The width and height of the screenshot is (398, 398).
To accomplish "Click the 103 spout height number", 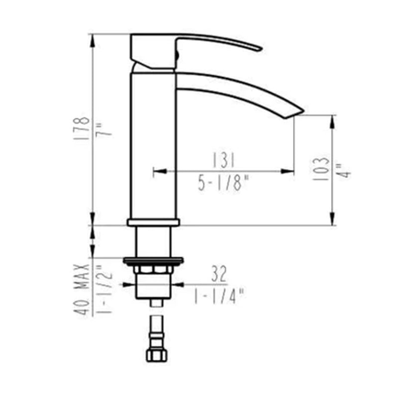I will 322,169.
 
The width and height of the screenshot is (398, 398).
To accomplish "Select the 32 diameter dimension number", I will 219,273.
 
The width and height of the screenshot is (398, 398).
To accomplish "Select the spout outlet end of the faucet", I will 296,111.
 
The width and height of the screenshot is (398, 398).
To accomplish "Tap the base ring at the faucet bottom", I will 153,222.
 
